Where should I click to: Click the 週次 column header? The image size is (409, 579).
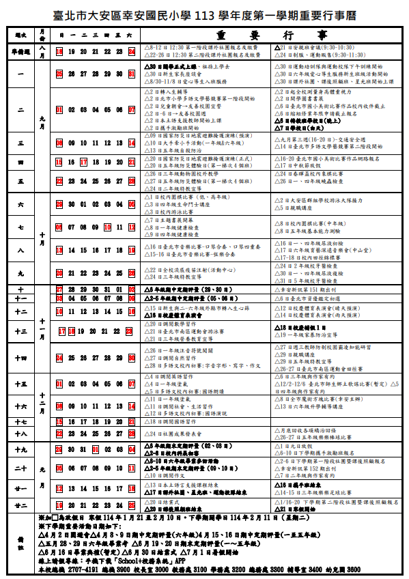[x=20, y=34]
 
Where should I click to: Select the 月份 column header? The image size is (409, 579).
[x=43, y=34]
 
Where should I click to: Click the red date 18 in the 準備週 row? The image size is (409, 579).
[x=60, y=51]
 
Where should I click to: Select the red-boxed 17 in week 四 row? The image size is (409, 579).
[x=84, y=162]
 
